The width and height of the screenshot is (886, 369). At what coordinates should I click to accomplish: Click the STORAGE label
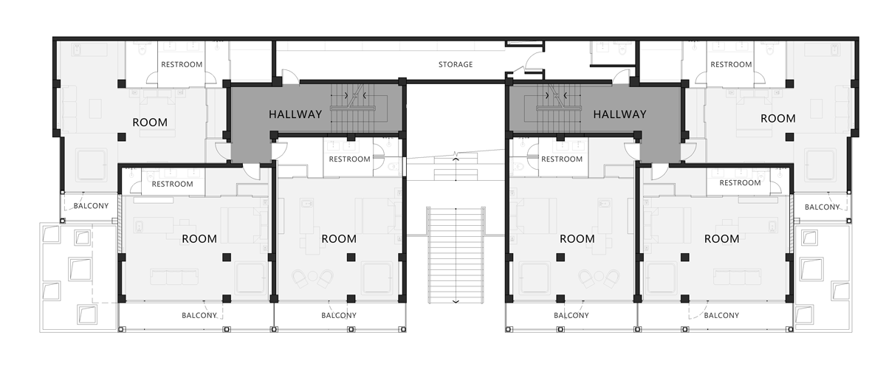pos(456,64)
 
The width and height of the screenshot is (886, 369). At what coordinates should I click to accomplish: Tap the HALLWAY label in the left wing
pos(295,114)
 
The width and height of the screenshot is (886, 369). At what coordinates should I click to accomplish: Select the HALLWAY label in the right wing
pos(619,114)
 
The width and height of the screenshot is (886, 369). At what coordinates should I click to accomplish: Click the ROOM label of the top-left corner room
pos(150,123)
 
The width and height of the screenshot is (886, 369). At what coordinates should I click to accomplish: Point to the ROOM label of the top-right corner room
pos(778,118)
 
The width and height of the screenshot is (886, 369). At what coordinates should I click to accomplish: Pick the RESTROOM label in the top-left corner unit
pos(182,64)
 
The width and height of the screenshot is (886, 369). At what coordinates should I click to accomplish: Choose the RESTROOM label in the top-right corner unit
pos(731,64)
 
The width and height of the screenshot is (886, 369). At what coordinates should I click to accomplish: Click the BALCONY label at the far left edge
pos(91,206)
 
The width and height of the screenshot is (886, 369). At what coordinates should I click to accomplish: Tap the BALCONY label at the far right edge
pos(822,207)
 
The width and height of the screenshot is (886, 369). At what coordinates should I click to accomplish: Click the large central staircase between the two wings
pos(456,255)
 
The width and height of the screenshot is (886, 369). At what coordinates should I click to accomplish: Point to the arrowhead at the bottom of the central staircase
pos(456,302)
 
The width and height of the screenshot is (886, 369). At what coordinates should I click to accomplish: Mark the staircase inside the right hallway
pos(557,108)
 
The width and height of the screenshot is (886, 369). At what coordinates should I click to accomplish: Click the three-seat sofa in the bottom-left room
pos(174,277)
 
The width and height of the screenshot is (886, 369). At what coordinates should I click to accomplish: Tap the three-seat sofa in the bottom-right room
pos(738,277)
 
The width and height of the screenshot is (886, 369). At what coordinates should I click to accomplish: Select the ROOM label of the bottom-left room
pos(199,239)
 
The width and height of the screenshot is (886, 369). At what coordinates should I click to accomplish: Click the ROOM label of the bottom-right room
pos(722,239)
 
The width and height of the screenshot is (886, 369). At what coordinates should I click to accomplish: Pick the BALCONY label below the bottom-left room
pos(199,316)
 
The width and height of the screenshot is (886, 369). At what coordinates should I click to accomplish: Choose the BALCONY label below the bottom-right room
pos(721,316)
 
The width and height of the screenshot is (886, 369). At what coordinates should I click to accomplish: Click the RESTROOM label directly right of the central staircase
pos(562,159)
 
